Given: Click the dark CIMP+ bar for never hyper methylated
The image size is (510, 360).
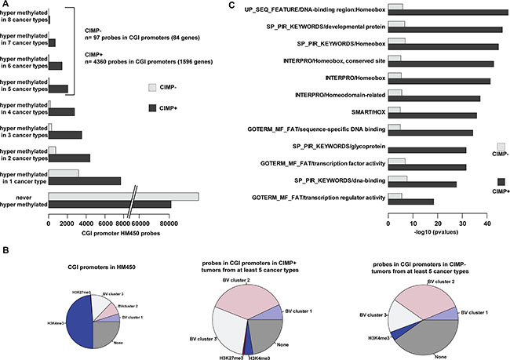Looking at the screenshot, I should point(110,205).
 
